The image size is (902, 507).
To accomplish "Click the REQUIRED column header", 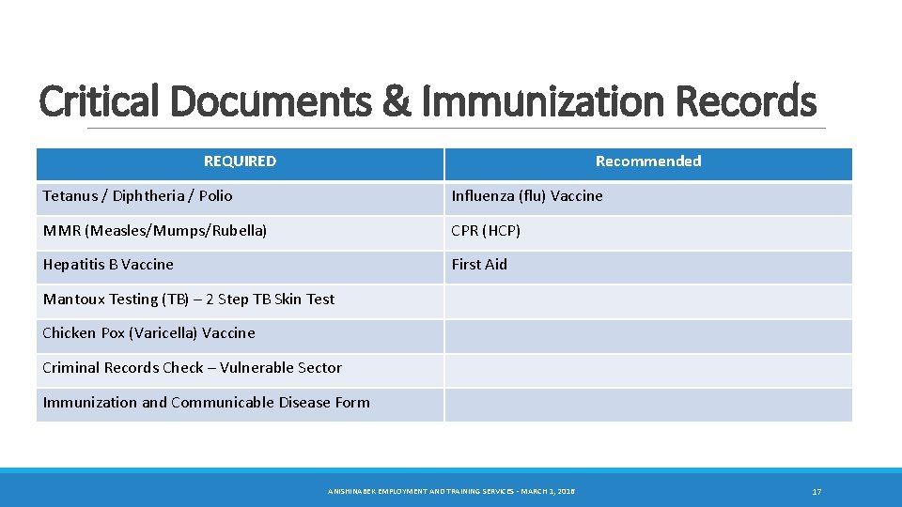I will pyautogui.click(x=241, y=161).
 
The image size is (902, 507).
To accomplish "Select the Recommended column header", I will pyautogui.click(x=648, y=161).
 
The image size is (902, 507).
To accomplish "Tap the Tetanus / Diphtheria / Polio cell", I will pyautogui.click(x=137, y=196).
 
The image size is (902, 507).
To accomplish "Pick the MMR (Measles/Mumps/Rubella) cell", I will pyautogui.click(x=155, y=230).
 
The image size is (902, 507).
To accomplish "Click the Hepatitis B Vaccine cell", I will pyautogui.click(x=108, y=265).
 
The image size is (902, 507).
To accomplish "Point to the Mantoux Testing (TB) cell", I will pyautogui.click(x=189, y=300).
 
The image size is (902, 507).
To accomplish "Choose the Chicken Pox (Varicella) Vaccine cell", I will pyautogui.click(x=148, y=333).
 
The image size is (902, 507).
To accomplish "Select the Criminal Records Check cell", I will pyautogui.click(x=192, y=368).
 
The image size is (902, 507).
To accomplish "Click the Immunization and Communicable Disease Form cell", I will pyautogui.click(x=206, y=403).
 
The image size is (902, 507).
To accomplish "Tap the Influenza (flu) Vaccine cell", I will pyautogui.click(x=527, y=196).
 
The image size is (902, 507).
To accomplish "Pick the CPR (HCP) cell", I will pyautogui.click(x=486, y=230).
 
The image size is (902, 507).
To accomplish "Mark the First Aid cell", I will pyautogui.click(x=479, y=265).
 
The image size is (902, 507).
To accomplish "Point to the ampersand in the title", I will pyautogui.click(x=398, y=101).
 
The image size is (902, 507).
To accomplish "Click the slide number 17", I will pyautogui.click(x=816, y=492).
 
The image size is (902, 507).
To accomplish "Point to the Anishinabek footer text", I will pyautogui.click(x=451, y=492).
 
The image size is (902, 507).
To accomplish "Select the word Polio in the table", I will pyautogui.click(x=214, y=196).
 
